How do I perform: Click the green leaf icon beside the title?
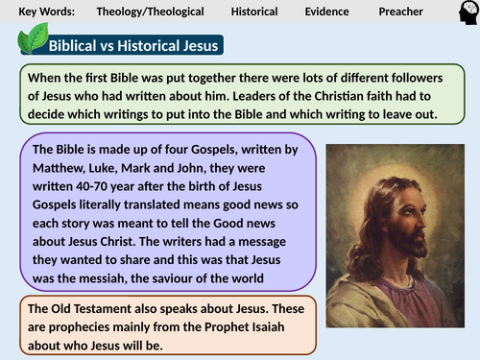[35, 40]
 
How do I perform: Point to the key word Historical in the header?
[254, 12]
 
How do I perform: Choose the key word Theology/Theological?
[151, 12]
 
